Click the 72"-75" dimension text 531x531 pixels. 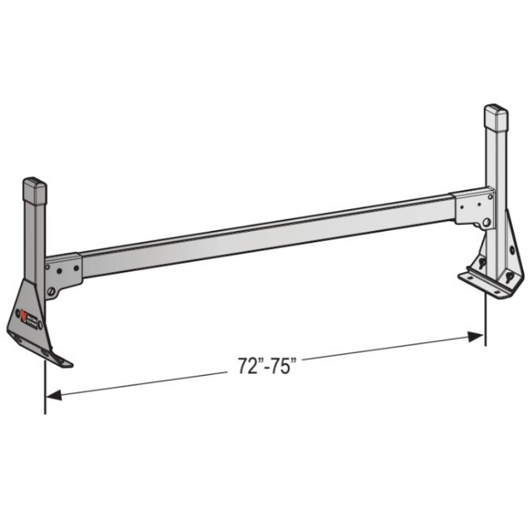(x=266, y=367)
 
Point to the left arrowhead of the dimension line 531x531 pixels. (x=53, y=395)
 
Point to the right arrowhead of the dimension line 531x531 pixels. (x=476, y=337)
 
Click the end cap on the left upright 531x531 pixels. (x=35, y=190)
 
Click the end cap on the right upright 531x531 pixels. (x=496, y=117)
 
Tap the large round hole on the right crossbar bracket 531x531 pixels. (x=486, y=222)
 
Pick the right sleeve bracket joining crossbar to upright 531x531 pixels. (x=472, y=206)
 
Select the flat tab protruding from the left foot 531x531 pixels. (x=61, y=359)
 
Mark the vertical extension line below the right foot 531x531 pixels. (x=485, y=323)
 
